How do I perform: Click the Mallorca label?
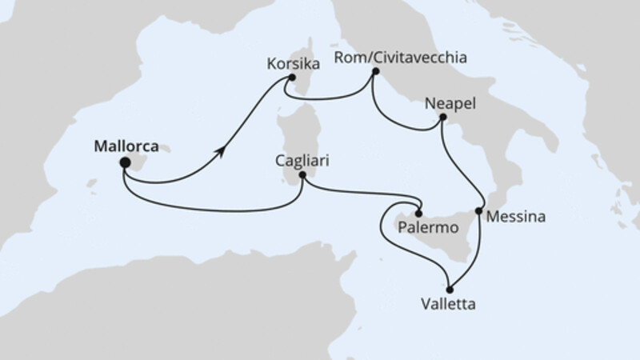126,146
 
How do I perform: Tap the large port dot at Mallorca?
125,163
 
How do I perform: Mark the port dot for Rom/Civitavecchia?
374,72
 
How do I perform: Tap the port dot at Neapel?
442,118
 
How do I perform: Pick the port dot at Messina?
478,212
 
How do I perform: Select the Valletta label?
449,304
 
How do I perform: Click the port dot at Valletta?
450,289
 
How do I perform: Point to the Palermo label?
426,228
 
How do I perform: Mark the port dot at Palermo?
418,213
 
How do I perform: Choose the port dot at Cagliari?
302,175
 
